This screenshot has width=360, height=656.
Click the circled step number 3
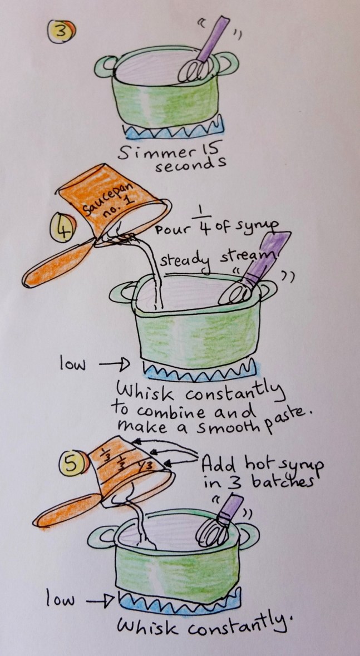(61, 32)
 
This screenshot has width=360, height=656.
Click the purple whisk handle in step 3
(213, 39)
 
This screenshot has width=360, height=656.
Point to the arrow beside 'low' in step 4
(114, 365)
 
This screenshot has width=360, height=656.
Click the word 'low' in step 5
(60, 600)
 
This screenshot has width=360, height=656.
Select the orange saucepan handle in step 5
(67, 510)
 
